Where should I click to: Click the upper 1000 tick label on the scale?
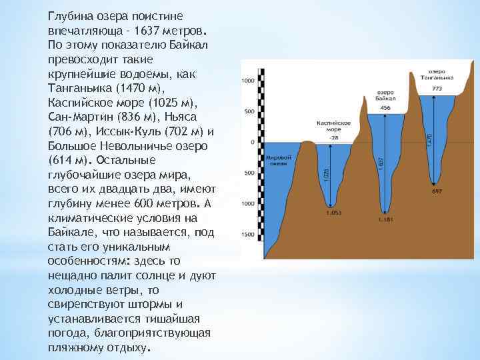[247, 81]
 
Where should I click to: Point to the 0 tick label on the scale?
[252, 142]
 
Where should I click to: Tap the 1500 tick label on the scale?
[247, 235]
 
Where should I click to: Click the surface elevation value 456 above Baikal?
[385, 108]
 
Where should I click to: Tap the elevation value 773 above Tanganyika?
[437, 87]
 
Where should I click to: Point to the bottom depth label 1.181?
[385, 219]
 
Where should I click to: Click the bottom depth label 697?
[437, 191]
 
